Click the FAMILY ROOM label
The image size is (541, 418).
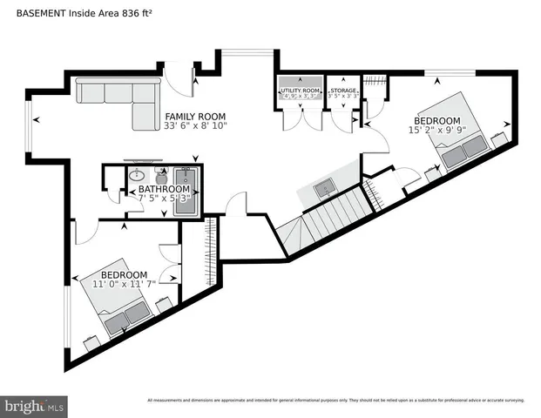pyautogui.click(x=196, y=116)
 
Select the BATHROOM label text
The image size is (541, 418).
pyautogui.click(x=164, y=189)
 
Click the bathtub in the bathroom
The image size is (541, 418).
pyautogui.click(x=191, y=188)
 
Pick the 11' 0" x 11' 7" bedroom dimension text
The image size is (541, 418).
pyautogui.click(x=125, y=284)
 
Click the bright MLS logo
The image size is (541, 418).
pyautogui.click(x=35, y=406)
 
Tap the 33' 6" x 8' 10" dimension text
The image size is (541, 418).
pyautogui.click(x=196, y=126)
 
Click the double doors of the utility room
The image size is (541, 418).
pyautogui.click(x=299, y=121)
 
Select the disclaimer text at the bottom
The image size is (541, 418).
pyautogui.click(x=335, y=401)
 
